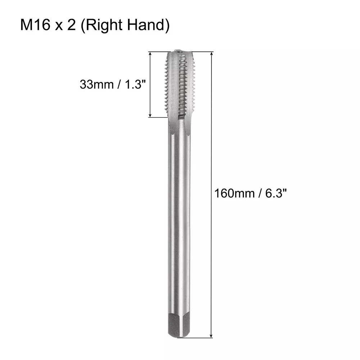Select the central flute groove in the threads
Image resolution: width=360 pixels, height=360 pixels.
[182, 86]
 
